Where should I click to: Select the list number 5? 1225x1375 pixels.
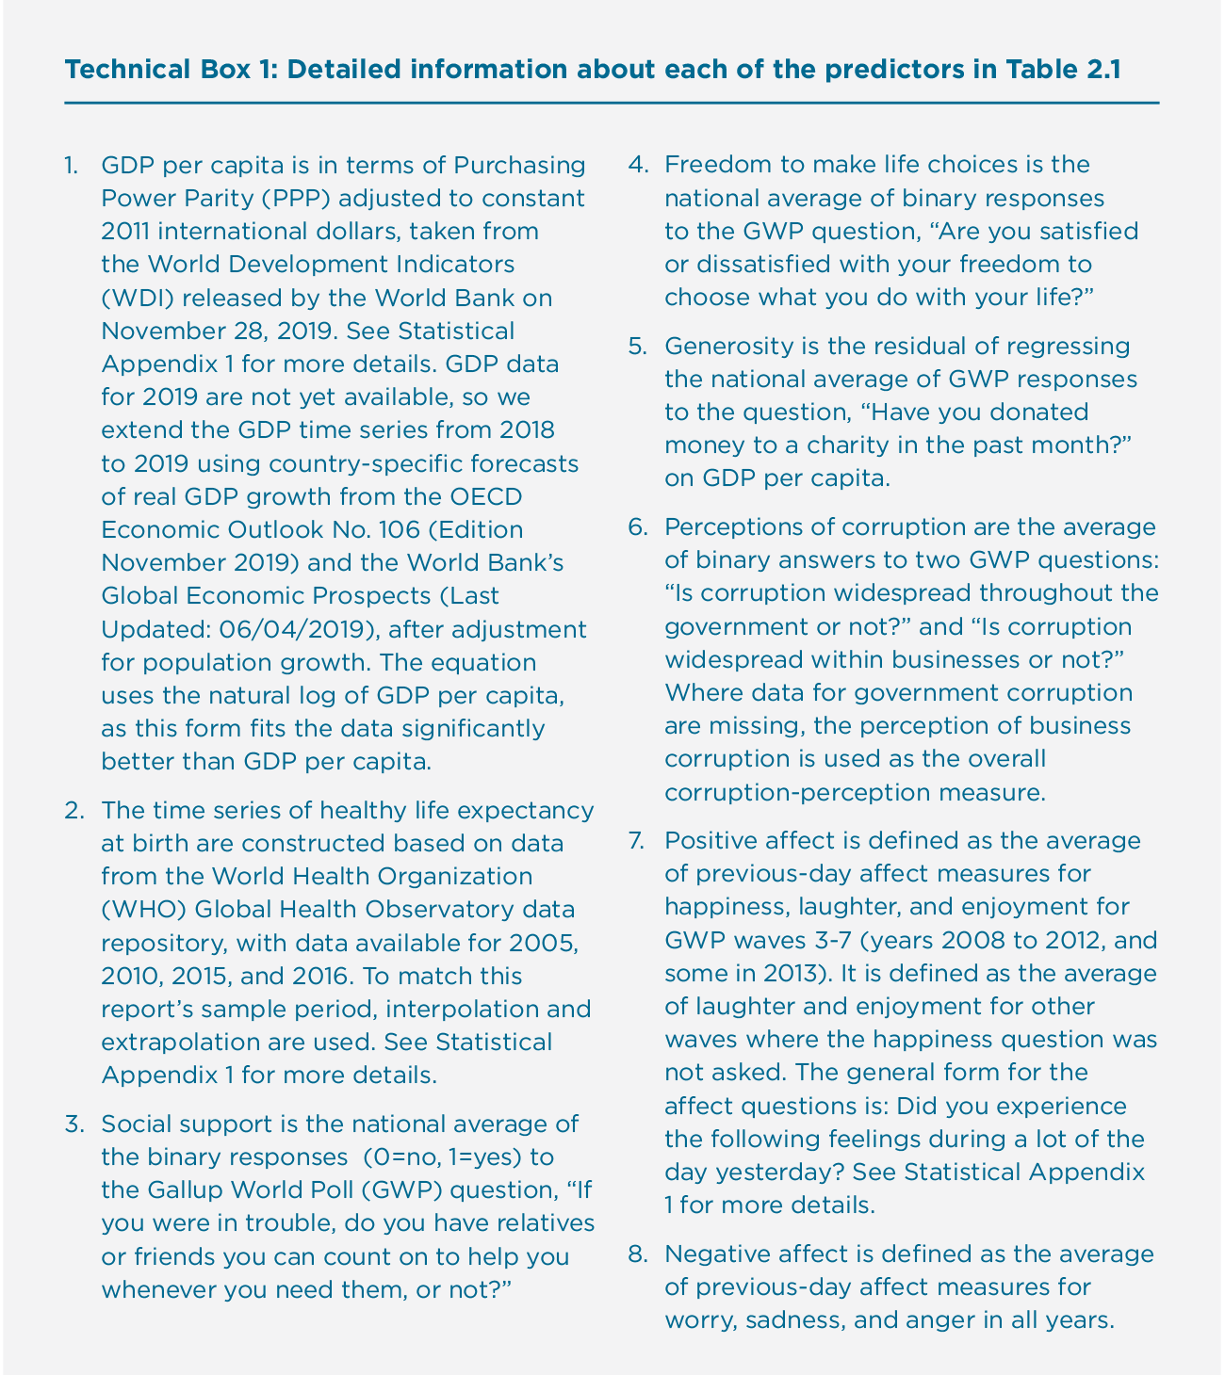(x=637, y=346)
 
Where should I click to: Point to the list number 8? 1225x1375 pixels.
(x=637, y=1254)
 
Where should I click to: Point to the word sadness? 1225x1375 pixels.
(x=793, y=1320)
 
